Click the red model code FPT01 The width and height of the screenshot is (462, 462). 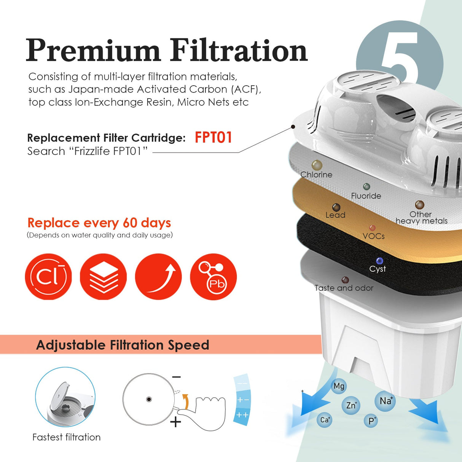point(213,137)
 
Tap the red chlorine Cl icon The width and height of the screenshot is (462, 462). point(48,277)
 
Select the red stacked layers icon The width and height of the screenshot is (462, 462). point(103,277)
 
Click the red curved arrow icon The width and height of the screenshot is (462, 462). point(158,277)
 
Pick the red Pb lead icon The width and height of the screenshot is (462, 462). point(213,277)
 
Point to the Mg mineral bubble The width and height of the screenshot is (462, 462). point(339,386)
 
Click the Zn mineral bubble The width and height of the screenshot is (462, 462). point(351,405)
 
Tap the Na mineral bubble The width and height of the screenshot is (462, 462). point(386,401)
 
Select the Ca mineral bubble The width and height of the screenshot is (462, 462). point(325,420)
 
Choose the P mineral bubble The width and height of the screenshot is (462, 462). point(371,421)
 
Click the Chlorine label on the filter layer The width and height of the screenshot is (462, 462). point(316,175)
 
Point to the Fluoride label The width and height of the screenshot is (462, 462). point(366,196)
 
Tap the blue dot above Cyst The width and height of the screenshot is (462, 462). point(379,261)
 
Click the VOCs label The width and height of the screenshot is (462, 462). point(374,236)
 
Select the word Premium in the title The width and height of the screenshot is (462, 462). point(93,50)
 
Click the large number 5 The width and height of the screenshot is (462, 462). point(400,57)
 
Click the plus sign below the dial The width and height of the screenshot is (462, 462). point(175,422)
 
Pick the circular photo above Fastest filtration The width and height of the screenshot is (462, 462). point(65,397)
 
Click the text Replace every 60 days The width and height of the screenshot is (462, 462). point(99,223)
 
